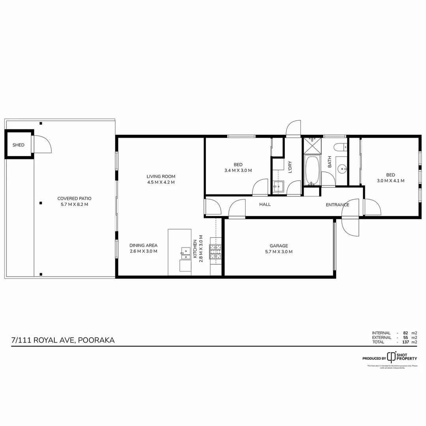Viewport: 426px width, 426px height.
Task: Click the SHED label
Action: [x=19, y=145]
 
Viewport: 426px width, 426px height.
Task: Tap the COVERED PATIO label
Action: [x=74, y=199]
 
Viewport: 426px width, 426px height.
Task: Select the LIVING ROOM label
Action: [x=161, y=177]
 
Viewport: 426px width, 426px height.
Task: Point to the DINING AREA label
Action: [x=144, y=245]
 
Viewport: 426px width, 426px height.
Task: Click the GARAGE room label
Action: [x=279, y=246]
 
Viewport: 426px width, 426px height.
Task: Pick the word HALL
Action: [x=265, y=204]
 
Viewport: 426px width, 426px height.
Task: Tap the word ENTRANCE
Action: [x=337, y=205]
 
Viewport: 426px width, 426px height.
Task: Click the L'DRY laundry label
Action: [x=290, y=167]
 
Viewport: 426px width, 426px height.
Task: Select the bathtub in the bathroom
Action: [x=312, y=171]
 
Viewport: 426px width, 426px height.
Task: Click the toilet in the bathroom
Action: [x=340, y=147]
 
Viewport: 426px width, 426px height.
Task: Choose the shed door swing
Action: [x=42, y=144]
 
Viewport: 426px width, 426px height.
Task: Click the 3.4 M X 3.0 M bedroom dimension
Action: [x=238, y=170]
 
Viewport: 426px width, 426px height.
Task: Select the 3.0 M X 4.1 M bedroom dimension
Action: [x=390, y=181]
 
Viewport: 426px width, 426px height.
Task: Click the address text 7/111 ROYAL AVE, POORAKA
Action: [x=64, y=340]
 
